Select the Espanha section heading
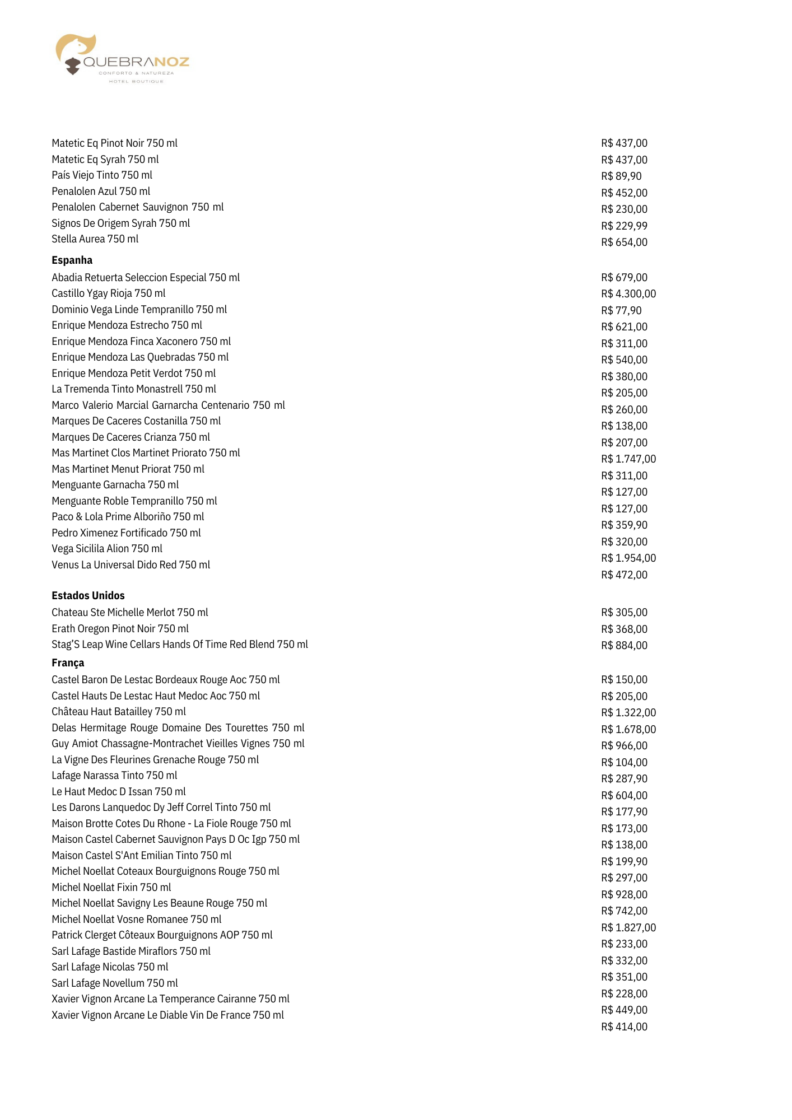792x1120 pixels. click(72, 260)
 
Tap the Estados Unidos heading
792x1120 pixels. click(88, 596)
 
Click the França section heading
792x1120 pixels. click(68, 663)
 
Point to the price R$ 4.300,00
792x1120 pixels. click(628, 294)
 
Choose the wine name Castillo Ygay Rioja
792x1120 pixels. click(108, 293)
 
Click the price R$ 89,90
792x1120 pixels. click(621, 176)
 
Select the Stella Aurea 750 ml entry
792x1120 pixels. click(95, 239)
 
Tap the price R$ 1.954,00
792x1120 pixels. click(628, 558)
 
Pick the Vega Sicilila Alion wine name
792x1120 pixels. click(106, 549)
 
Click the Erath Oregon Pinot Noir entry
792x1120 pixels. click(120, 629)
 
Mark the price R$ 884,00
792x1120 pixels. click(624, 646)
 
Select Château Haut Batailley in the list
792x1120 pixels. click(118, 712)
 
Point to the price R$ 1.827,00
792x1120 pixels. click(628, 928)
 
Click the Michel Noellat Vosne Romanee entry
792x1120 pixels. click(136, 920)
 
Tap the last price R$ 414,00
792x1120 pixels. click(624, 1027)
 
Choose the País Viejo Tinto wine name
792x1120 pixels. click(101, 175)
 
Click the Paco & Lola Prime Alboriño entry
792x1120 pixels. click(128, 517)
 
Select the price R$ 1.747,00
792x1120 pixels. click(628, 459)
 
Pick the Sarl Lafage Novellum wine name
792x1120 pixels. click(114, 983)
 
